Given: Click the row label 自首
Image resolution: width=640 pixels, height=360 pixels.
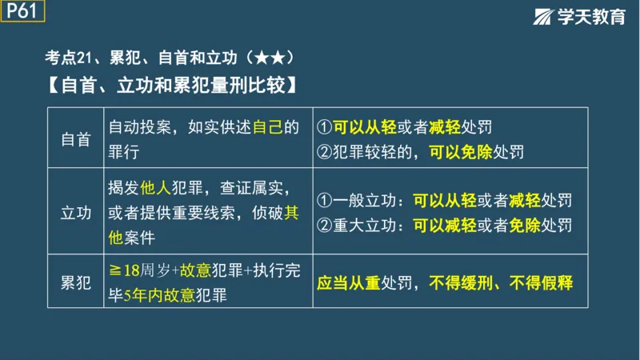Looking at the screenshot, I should tap(76, 138).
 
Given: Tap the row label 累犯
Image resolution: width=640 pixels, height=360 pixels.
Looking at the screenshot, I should tap(76, 282).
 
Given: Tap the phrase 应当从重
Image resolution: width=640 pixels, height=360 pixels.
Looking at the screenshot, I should tap(349, 282).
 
